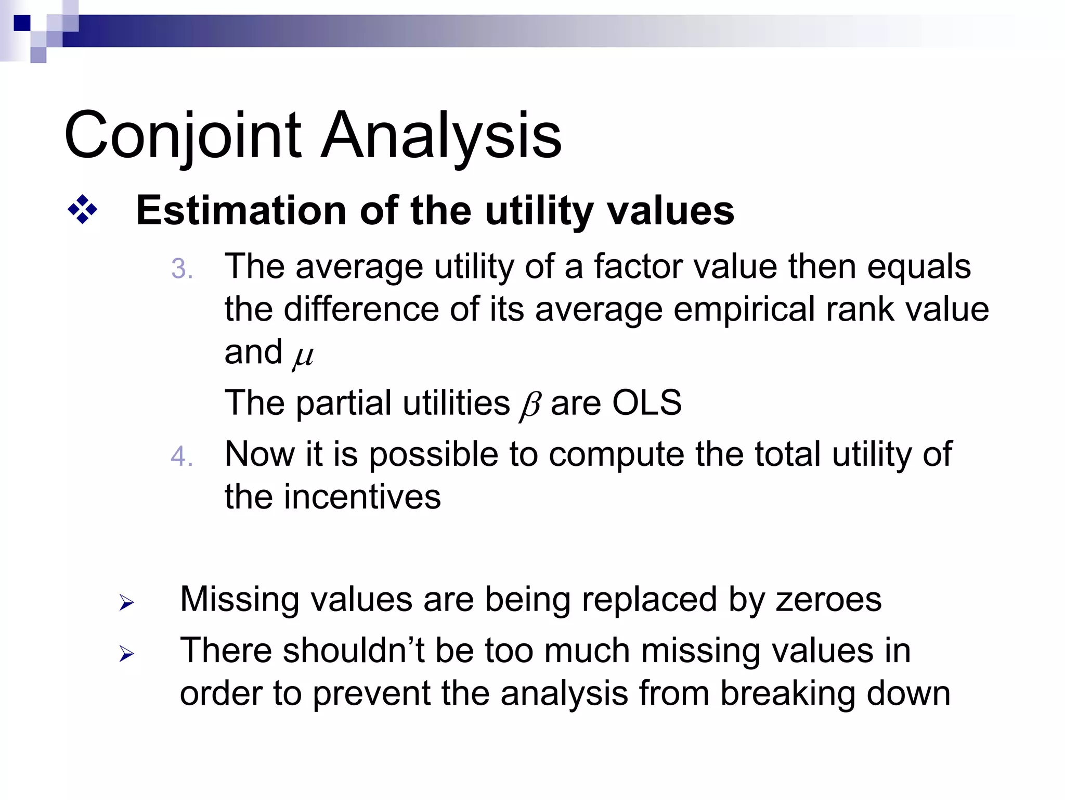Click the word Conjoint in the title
pyautogui.click(x=182, y=136)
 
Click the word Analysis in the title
pyautogui.click(x=441, y=136)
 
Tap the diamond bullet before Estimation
pyautogui.click(x=82, y=210)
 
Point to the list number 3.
pyautogui.click(x=181, y=270)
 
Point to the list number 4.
pyautogui.click(x=181, y=457)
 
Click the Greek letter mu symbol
pyautogui.click(x=303, y=356)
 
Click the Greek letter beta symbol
pyautogui.click(x=530, y=405)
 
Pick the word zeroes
pyautogui.click(x=828, y=599)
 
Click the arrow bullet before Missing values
pyautogui.click(x=126, y=603)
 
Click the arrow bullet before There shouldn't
pyautogui.click(x=126, y=653)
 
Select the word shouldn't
pyautogui.click(x=354, y=651)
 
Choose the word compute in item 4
pyautogui.click(x=616, y=454)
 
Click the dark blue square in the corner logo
pyautogui.click(x=22, y=23)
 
